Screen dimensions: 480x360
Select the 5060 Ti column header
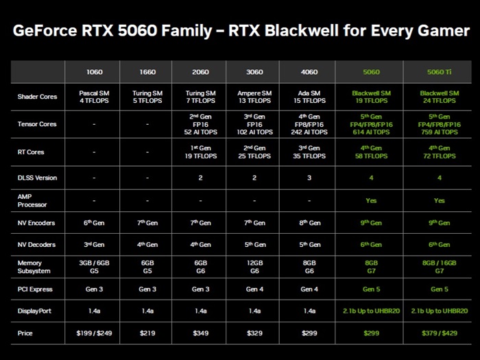point(440,72)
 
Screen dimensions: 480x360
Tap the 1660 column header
point(147,72)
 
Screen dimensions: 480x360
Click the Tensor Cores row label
point(37,124)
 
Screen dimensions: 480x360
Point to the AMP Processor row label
point(32,200)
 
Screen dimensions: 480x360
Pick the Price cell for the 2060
point(200,333)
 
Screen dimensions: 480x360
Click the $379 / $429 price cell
point(440,333)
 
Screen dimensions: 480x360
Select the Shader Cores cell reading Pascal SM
point(94,97)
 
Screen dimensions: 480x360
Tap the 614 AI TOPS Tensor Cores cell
point(371,124)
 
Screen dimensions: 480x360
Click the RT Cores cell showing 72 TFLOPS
point(440,152)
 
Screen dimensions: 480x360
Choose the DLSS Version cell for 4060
point(309,178)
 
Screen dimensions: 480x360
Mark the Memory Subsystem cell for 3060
point(254,267)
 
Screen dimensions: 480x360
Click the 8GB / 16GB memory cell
point(440,267)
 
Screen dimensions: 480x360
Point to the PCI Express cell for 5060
point(371,289)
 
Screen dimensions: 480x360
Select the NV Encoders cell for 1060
point(94,223)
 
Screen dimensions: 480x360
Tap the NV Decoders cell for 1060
point(94,244)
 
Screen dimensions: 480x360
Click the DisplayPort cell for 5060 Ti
point(440,311)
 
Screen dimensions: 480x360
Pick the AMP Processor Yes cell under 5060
point(371,200)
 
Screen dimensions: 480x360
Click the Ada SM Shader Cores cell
point(309,97)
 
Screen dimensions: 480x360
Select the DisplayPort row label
point(34,311)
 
